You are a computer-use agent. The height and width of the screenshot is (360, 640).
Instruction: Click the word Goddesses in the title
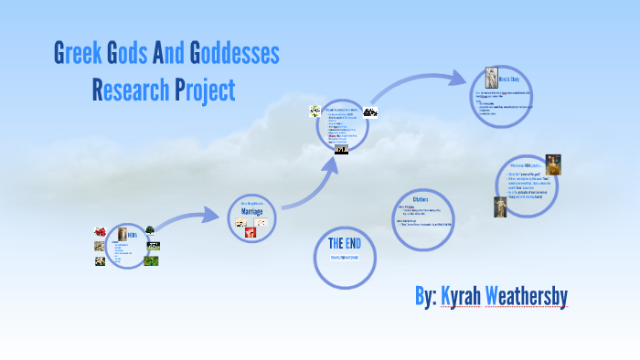[234, 54]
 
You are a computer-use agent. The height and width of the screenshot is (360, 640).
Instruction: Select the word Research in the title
[130, 90]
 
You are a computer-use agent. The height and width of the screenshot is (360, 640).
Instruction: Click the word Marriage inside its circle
[251, 211]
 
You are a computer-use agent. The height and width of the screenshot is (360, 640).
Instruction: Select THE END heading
[347, 244]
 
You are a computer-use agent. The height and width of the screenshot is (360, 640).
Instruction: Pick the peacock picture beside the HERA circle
[151, 259]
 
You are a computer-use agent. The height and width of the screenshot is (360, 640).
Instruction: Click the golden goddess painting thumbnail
[553, 164]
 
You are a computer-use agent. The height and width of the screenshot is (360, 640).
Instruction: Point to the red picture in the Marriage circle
[250, 233]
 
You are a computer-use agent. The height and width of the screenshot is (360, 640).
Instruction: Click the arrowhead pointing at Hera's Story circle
[459, 77]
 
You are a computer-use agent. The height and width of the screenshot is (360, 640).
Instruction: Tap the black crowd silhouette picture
[371, 112]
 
